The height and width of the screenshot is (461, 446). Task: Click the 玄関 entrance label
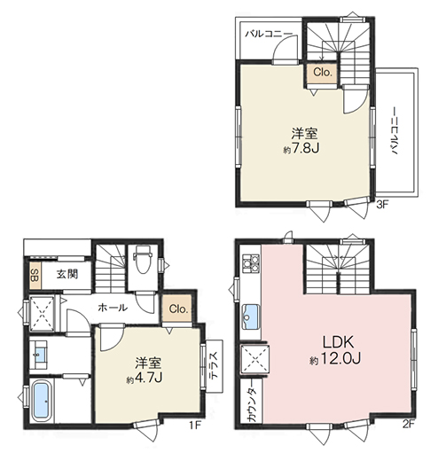point(67,274)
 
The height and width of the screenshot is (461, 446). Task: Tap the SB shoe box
point(35,275)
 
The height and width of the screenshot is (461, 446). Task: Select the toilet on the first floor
point(142,261)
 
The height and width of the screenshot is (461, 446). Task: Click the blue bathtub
point(41,401)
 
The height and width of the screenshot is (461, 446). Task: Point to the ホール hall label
point(113,308)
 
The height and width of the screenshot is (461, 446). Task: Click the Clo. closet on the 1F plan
point(178,309)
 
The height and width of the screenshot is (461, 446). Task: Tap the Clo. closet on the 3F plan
point(323,72)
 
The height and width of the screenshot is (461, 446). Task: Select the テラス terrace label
point(214,365)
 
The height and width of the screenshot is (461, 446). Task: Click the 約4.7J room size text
point(145,379)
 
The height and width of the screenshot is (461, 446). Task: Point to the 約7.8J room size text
point(301,148)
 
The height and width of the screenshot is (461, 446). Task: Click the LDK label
point(338,342)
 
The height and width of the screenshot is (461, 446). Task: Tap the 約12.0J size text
point(335,359)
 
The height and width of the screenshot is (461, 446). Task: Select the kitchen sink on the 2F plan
point(251,316)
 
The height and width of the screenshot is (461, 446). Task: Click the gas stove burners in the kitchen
point(251,263)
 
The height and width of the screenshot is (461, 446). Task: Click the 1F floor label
point(195,425)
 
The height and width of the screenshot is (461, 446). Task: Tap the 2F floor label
point(408,425)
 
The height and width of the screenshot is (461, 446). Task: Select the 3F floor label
point(382,205)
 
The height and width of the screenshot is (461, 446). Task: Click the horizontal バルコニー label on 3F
point(269,34)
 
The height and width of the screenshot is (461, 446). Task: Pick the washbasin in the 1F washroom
point(38,355)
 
